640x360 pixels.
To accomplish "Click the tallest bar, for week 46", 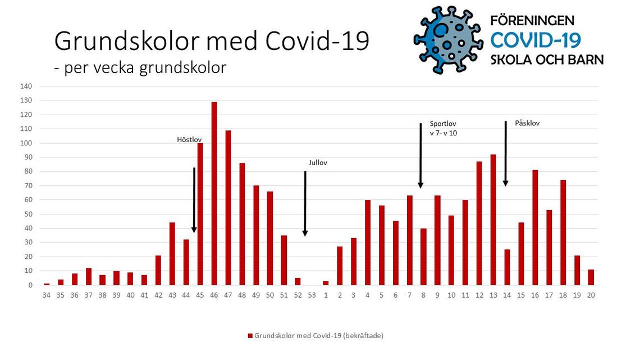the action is pos(214,193).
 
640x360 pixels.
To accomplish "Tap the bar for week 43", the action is pos(172,254).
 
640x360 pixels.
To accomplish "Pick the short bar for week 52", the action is pos(298,281).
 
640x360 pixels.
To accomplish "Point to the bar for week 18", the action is pos(563,233).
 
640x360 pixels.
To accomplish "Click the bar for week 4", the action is pos(368,243).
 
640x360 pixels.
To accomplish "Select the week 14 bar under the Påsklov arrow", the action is pos(507,267).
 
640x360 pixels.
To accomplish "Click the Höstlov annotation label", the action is pos(189,140).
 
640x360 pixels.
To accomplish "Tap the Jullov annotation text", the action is pos(318,162).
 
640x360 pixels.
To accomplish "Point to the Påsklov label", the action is pos(527,123).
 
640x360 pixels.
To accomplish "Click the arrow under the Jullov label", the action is pos(305,204).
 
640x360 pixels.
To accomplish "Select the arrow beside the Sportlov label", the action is pos(420,156).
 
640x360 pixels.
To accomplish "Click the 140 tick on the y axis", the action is pos(26,86).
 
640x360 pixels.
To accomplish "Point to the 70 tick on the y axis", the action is pos(28,186).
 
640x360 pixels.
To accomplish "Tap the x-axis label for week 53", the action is pos(312,295).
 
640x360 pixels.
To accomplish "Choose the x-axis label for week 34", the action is pos(47,295).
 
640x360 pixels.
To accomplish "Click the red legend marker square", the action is pos(250,336).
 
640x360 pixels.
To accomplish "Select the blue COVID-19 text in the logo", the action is pos(536,40).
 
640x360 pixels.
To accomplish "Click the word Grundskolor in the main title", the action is pos(127,41).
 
